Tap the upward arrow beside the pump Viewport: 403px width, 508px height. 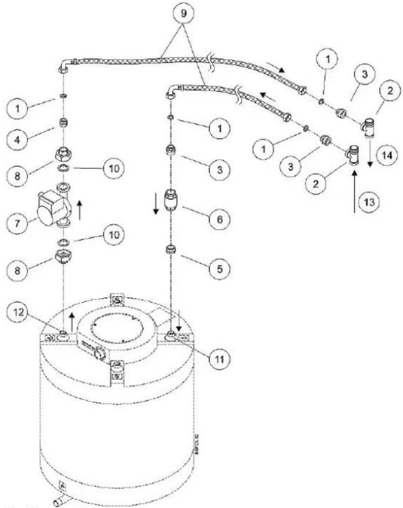click(79, 207)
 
